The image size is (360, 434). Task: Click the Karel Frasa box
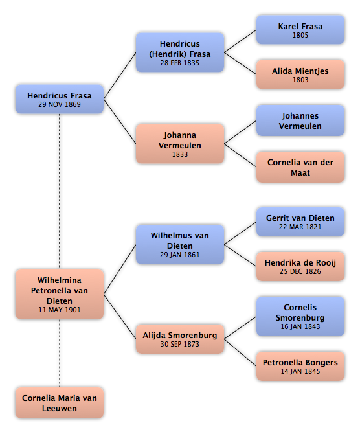pyautogui.click(x=300, y=30)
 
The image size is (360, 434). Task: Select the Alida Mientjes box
pyautogui.click(x=300, y=74)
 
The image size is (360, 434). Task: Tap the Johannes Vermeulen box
pyautogui.click(x=300, y=120)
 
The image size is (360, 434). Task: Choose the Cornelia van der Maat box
pyautogui.click(x=300, y=167)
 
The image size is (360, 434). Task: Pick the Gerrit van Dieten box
pyautogui.click(x=300, y=222)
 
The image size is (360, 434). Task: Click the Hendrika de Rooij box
pyautogui.click(x=300, y=266)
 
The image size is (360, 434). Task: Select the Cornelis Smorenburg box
pyautogui.click(x=300, y=316)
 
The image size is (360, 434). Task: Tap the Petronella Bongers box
pyautogui.click(x=300, y=366)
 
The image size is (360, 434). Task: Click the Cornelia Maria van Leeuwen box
pyautogui.click(x=60, y=403)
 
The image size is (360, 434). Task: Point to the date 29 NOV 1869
pyautogui.click(x=60, y=104)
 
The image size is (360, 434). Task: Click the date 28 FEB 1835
pyautogui.click(x=180, y=63)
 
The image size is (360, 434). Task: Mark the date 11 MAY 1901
pyautogui.click(x=60, y=310)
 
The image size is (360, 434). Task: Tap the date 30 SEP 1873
pyautogui.click(x=180, y=344)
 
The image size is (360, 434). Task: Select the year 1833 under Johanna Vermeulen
pyautogui.click(x=180, y=154)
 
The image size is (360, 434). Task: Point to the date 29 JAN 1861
pyautogui.click(x=180, y=255)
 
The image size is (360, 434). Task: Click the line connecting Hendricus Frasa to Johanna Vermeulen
pyautogui.click(x=120, y=121)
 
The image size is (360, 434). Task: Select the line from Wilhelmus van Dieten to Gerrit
pyautogui.click(x=240, y=233)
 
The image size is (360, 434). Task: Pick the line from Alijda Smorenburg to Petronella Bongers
pyautogui.click(x=240, y=352)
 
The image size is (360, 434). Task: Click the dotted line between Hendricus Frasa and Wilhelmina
pyautogui.click(x=60, y=191)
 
